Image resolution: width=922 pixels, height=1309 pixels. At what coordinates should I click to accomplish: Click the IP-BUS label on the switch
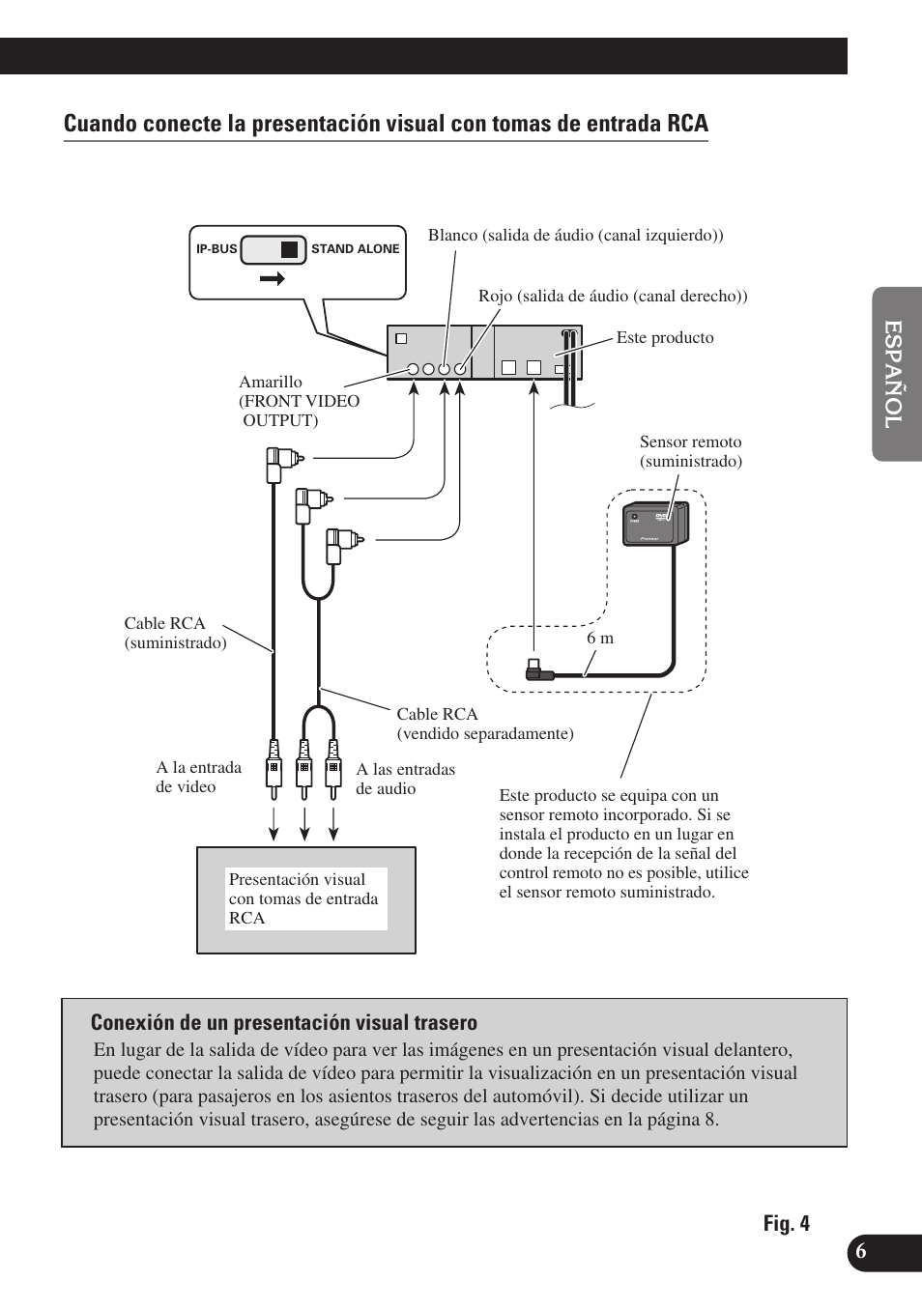[216, 249]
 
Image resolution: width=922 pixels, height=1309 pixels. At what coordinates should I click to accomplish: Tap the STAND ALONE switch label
[355, 249]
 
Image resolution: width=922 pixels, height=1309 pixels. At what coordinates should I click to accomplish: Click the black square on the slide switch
[289, 249]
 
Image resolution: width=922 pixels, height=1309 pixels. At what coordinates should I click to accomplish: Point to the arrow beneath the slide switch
[273, 279]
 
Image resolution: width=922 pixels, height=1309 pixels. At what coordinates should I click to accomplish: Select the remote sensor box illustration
[655, 525]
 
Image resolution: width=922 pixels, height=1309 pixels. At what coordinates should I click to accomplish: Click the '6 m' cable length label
[600, 639]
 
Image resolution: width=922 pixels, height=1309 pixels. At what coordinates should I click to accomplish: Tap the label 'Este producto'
[665, 338]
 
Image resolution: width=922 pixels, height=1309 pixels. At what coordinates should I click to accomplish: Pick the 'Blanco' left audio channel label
[575, 236]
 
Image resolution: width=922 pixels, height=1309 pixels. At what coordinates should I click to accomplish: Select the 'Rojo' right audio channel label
[613, 297]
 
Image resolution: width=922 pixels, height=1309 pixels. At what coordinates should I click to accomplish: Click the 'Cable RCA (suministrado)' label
[175, 634]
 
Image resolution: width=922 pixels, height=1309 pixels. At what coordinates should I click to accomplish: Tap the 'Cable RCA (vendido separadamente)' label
[484, 725]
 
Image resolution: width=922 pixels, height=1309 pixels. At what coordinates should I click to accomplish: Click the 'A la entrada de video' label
[199, 778]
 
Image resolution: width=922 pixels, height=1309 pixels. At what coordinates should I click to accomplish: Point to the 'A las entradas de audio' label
[405, 780]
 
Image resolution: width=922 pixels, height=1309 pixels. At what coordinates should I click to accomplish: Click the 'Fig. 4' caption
[786, 1224]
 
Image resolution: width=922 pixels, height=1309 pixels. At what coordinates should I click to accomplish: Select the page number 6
[861, 1250]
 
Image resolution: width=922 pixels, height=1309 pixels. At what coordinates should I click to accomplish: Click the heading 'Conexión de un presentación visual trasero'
[284, 1023]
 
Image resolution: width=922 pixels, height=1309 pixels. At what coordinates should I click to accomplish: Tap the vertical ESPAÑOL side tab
[895, 374]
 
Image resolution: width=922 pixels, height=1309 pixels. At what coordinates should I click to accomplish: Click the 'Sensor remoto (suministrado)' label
[690, 452]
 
